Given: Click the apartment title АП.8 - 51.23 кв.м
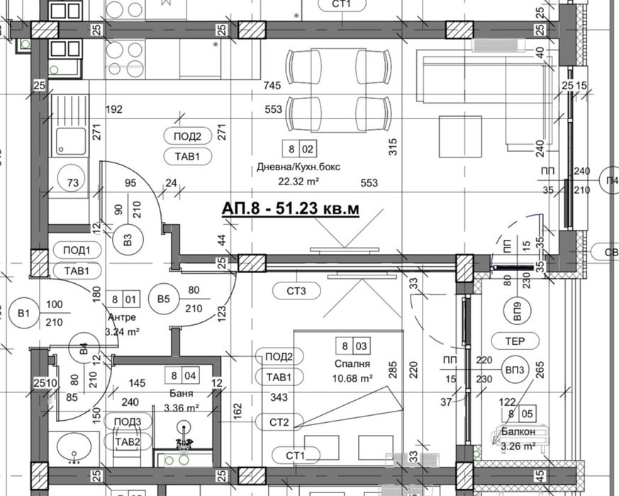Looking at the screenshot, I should coord(290,209).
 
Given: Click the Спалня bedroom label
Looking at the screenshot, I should coord(355,363).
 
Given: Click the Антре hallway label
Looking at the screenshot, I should coord(121,317).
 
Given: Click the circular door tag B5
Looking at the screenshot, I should coord(164,299).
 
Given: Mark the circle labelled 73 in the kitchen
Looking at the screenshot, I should coord(71,183).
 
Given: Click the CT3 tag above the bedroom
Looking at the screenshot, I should coord(296,290).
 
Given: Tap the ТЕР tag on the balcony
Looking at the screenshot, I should coord(515,341).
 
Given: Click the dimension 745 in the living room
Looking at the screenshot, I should coord(272,86).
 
